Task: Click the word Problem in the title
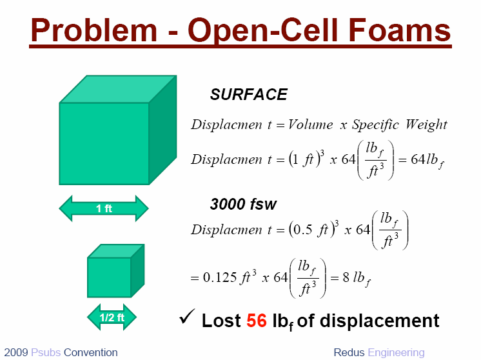click(94, 30)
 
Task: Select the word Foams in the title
click(399, 30)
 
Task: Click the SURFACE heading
click(248, 94)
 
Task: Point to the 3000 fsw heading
click(243, 204)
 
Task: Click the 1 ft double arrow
click(104, 208)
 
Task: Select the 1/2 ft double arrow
click(112, 317)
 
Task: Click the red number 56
click(257, 321)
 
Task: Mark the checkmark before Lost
click(187, 317)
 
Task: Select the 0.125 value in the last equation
click(220, 277)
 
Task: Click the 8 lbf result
click(357, 278)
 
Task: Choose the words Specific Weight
click(399, 125)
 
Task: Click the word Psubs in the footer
click(46, 352)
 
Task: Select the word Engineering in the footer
click(396, 353)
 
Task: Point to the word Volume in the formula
click(310, 125)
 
